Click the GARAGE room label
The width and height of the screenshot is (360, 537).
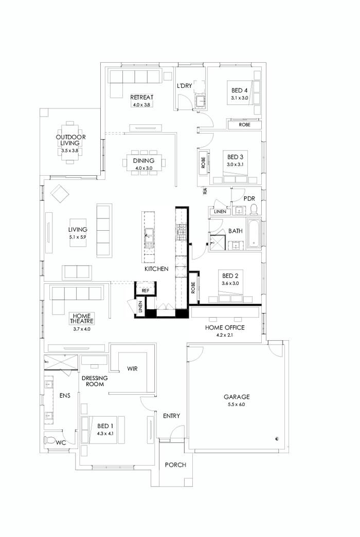(x=237, y=397)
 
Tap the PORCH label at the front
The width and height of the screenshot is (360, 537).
(x=175, y=465)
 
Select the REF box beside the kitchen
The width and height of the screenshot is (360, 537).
(x=145, y=290)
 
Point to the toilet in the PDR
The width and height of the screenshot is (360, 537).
(x=253, y=209)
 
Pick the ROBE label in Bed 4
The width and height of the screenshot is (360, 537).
(x=245, y=124)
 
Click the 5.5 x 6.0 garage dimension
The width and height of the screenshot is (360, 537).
(x=237, y=404)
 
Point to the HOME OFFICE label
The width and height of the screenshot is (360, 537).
(x=225, y=327)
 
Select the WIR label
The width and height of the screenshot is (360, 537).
(x=132, y=368)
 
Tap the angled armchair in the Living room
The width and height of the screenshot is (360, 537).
(x=60, y=195)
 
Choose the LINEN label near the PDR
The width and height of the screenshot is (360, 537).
(x=220, y=211)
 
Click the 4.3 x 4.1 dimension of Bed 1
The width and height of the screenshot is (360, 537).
(x=105, y=433)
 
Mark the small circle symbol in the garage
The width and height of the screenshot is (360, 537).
(x=277, y=438)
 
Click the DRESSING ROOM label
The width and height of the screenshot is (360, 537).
(x=94, y=381)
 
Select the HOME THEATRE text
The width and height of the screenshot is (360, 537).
(x=81, y=319)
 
